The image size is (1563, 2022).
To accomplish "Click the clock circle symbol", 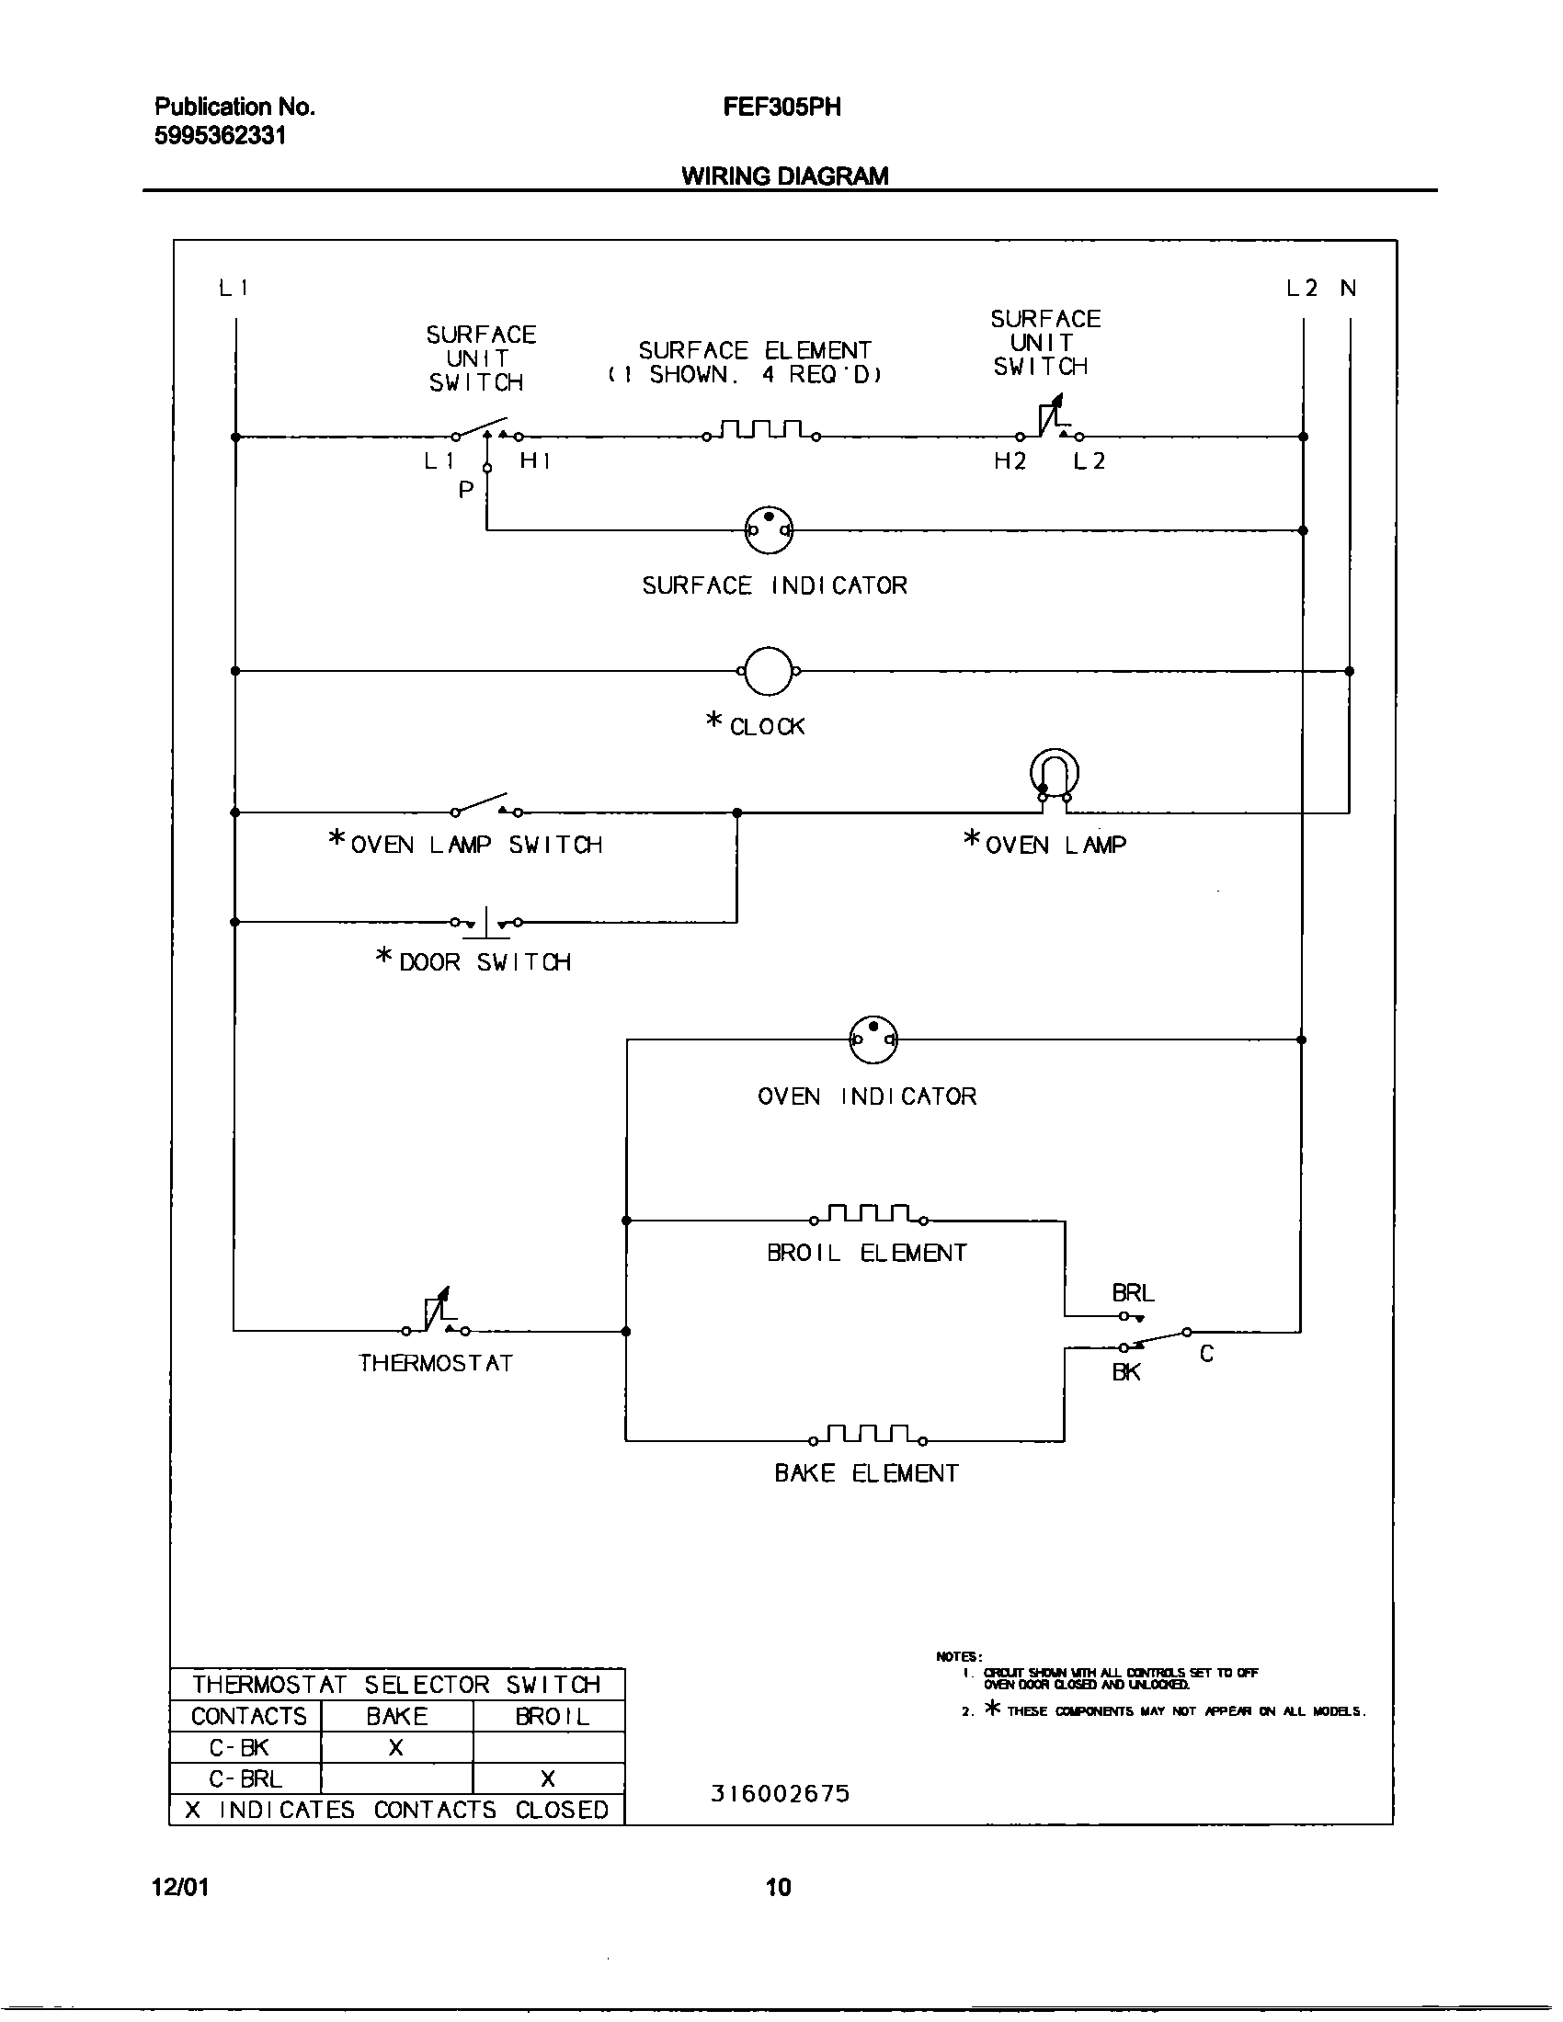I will tap(768, 671).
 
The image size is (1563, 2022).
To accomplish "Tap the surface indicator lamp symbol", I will tap(769, 530).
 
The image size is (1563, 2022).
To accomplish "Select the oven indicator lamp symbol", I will tap(873, 1039).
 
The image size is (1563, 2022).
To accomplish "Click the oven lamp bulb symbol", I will tap(1055, 776).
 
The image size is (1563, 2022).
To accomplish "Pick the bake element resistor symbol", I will tap(869, 1436).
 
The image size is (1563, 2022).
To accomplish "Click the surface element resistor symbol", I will tap(761, 431).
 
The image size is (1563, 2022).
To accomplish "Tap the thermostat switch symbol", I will tap(436, 1314).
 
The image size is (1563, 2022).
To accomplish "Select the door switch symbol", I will tap(486, 922).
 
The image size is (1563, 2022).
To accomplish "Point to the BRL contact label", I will tap(1133, 1292).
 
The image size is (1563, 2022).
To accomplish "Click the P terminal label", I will tap(466, 490).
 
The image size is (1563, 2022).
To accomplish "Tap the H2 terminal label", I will tap(1010, 461).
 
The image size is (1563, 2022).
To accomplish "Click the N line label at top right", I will tap(1348, 288).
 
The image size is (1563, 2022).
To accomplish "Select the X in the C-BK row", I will tap(396, 1748).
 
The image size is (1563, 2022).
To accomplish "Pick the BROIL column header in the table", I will tap(551, 1717).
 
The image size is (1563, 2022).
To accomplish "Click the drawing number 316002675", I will tap(780, 1794).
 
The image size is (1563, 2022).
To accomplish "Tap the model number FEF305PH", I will tap(781, 108).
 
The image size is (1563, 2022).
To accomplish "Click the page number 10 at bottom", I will tap(778, 1887).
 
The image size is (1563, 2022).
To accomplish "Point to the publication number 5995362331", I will tap(221, 136).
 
